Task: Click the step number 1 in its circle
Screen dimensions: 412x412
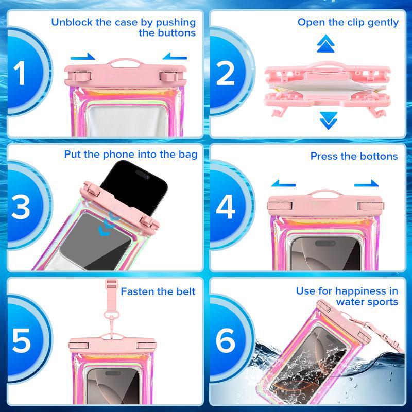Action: tap(20, 73)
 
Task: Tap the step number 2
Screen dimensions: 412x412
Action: tap(226, 73)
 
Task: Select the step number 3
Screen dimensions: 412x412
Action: tap(21, 207)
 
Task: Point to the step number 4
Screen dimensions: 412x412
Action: tap(226, 207)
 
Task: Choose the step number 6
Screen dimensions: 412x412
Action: tap(226, 340)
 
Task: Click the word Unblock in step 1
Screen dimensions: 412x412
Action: tap(72, 22)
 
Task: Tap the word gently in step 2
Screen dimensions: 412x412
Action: tap(383, 23)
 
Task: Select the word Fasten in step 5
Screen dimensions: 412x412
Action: tap(137, 291)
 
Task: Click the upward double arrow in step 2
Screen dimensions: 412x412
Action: tap(325, 44)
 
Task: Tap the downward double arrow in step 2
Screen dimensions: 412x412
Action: tap(329, 121)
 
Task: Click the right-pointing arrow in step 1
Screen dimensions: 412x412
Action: tap(83, 57)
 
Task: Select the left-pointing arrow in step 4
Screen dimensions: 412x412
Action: tap(284, 183)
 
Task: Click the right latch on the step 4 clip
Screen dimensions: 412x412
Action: tap(370, 205)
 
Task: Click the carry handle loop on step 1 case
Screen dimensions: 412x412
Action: tap(125, 62)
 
